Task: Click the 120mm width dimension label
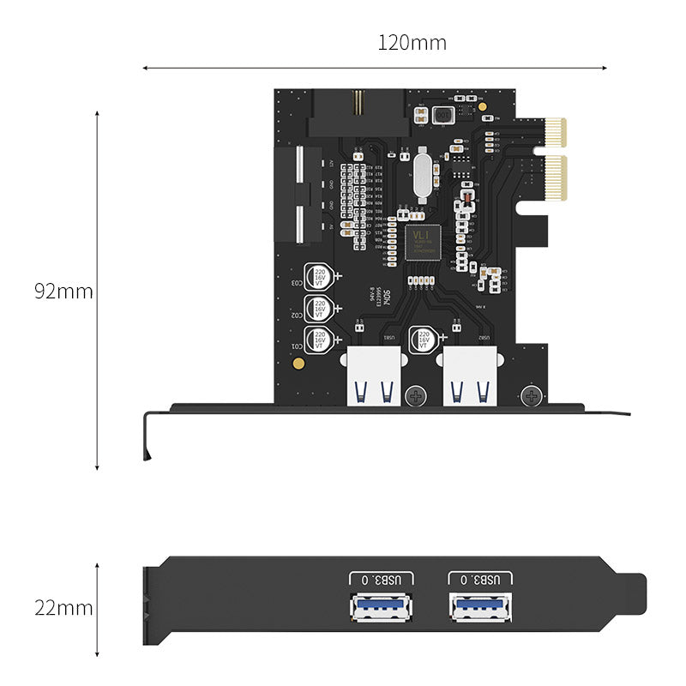[x=412, y=42]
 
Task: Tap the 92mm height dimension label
[x=63, y=291]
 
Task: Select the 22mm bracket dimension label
[x=63, y=608]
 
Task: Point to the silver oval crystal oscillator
[x=421, y=176]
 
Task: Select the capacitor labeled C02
[x=320, y=309]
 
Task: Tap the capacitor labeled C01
[x=320, y=340]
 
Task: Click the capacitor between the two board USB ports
[x=423, y=340]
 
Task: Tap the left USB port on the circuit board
[x=374, y=377]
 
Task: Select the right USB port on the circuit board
[x=470, y=377]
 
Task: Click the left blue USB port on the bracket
[x=381, y=607]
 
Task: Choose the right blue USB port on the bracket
[x=481, y=607]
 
